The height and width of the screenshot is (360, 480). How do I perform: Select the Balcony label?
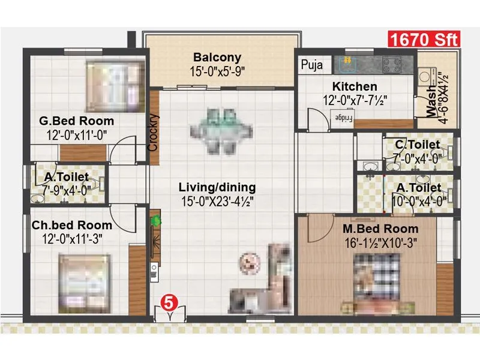point(217,58)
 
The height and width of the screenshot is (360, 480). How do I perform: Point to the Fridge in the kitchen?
point(343,118)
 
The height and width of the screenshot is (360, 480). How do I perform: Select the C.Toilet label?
point(417,145)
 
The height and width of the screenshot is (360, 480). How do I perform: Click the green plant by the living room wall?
point(156,221)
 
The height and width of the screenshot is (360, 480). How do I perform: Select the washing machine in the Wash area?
point(428,76)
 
